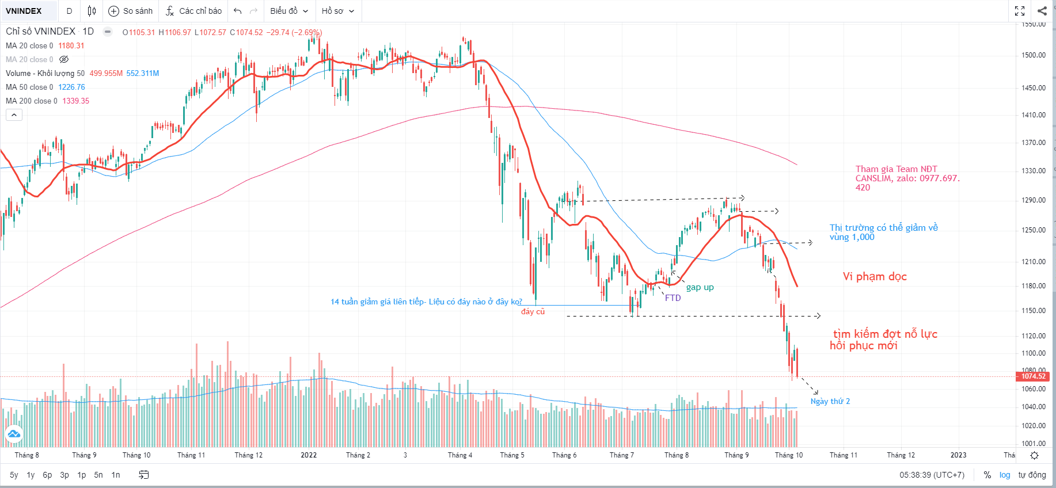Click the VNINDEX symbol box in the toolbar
point(24,11)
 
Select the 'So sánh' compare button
point(131,11)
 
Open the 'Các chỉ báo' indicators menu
point(193,11)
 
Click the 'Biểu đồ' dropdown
point(289,11)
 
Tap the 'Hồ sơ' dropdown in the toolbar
point(337,11)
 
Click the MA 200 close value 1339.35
point(75,101)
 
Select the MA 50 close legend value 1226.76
point(71,87)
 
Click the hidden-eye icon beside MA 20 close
point(64,59)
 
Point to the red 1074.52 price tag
point(1034,376)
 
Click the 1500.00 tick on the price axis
point(1034,55)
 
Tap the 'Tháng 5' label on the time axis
point(512,455)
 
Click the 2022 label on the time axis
point(309,455)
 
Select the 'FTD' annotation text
point(673,298)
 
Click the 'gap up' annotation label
point(700,287)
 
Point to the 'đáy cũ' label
point(533,312)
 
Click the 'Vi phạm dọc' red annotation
point(875,277)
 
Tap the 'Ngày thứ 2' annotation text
point(830,402)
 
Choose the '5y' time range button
point(14,475)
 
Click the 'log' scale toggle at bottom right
point(1005,475)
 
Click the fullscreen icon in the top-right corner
point(1020,11)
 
